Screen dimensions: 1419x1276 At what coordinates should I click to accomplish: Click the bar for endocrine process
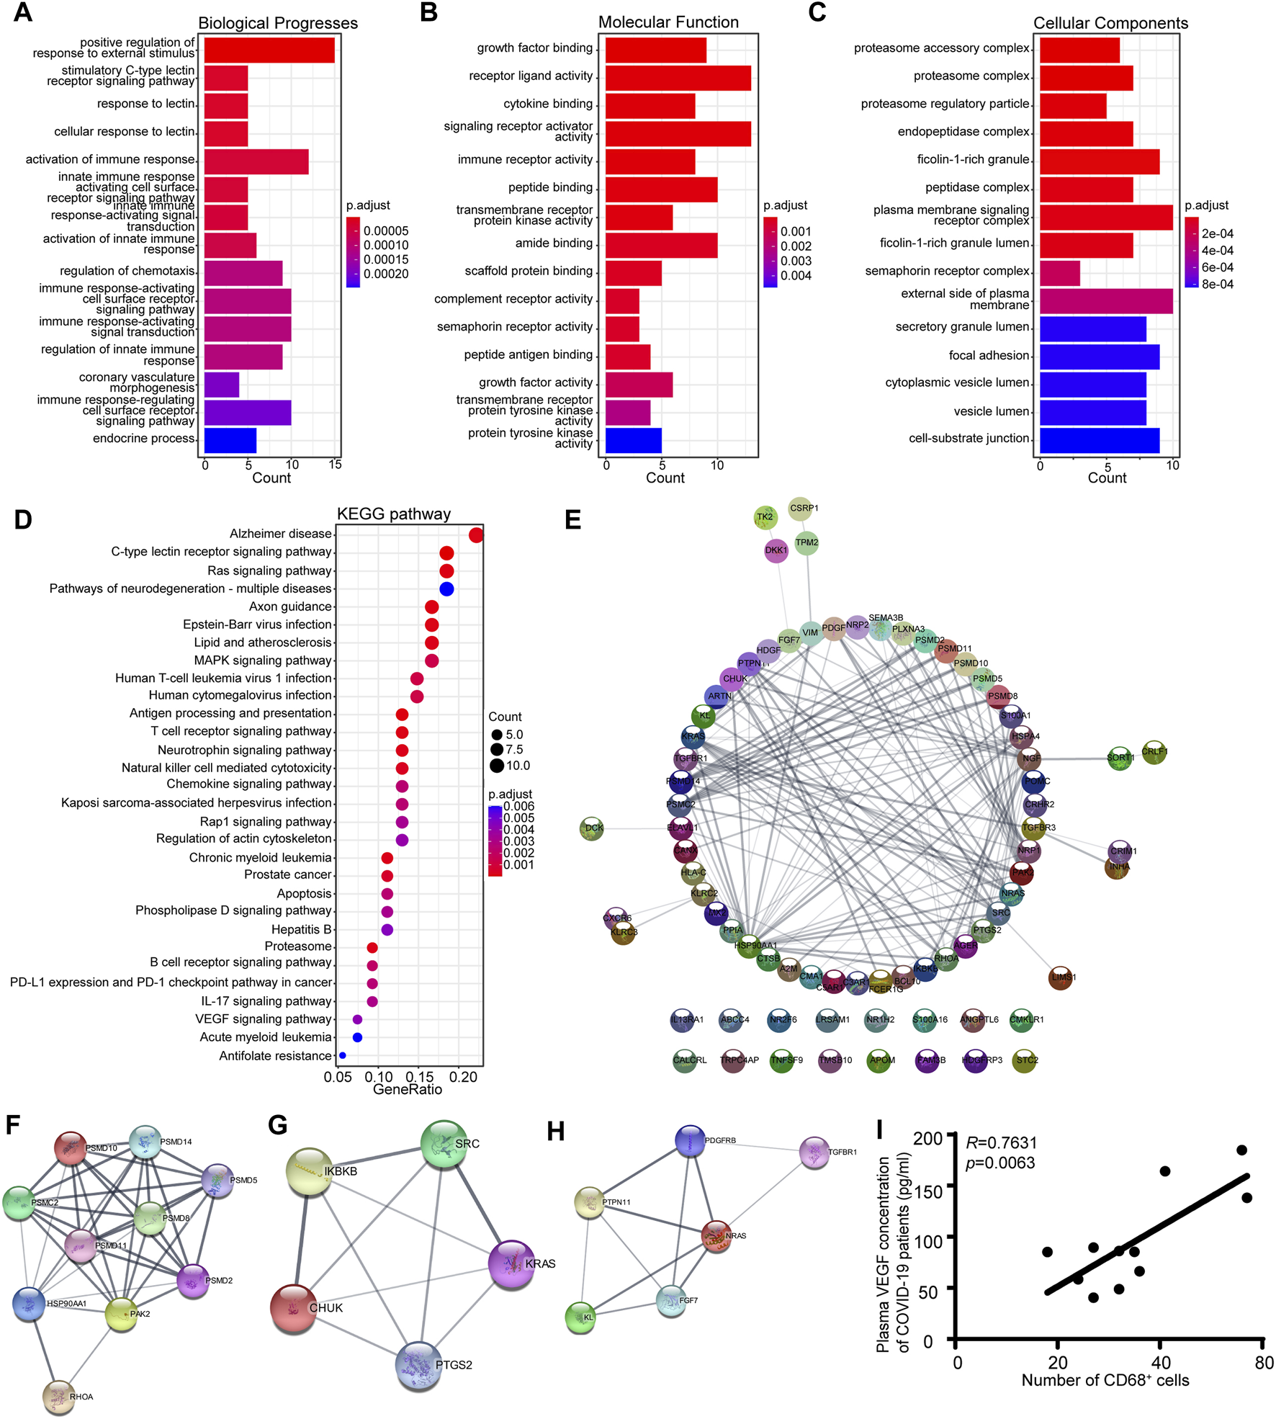pyautogui.click(x=230, y=440)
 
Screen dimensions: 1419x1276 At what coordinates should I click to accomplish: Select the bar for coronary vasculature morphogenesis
pyautogui.click(x=222, y=385)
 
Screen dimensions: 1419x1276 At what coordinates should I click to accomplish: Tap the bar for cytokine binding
pyautogui.click(x=650, y=105)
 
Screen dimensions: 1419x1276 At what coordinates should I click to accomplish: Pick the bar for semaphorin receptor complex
pyautogui.click(x=1059, y=273)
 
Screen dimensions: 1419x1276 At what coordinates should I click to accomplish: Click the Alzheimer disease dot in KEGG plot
pyautogui.click(x=476, y=535)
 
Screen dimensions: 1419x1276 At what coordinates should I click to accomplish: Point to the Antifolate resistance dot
pyautogui.click(x=343, y=1055)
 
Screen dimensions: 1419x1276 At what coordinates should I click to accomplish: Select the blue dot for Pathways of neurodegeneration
pyautogui.click(x=446, y=589)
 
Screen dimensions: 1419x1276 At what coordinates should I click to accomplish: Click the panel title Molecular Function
pyautogui.click(x=668, y=22)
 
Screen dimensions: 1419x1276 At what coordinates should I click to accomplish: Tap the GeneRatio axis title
pyautogui.click(x=408, y=1089)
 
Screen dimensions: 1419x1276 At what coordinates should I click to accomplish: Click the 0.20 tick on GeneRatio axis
pyautogui.click(x=464, y=1077)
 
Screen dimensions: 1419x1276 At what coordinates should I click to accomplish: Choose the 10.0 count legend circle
pyautogui.click(x=497, y=766)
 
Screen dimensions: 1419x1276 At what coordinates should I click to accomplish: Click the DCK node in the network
pyautogui.click(x=592, y=828)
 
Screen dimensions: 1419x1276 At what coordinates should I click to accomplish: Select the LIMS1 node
pyautogui.click(x=1061, y=977)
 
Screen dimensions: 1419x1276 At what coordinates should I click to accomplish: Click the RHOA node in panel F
pyautogui.click(x=59, y=1396)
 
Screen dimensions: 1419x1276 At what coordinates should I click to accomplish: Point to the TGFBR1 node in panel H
pyautogui.click(x=814, y=1152)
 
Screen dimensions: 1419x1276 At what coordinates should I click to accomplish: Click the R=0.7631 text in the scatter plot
pyautogui.click(x=1002, y=1142)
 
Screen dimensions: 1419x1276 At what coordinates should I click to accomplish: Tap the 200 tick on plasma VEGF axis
pyautogui.click(x=928, y=1139)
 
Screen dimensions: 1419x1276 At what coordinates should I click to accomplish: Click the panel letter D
pyautogui.click(x=23, y=519)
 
